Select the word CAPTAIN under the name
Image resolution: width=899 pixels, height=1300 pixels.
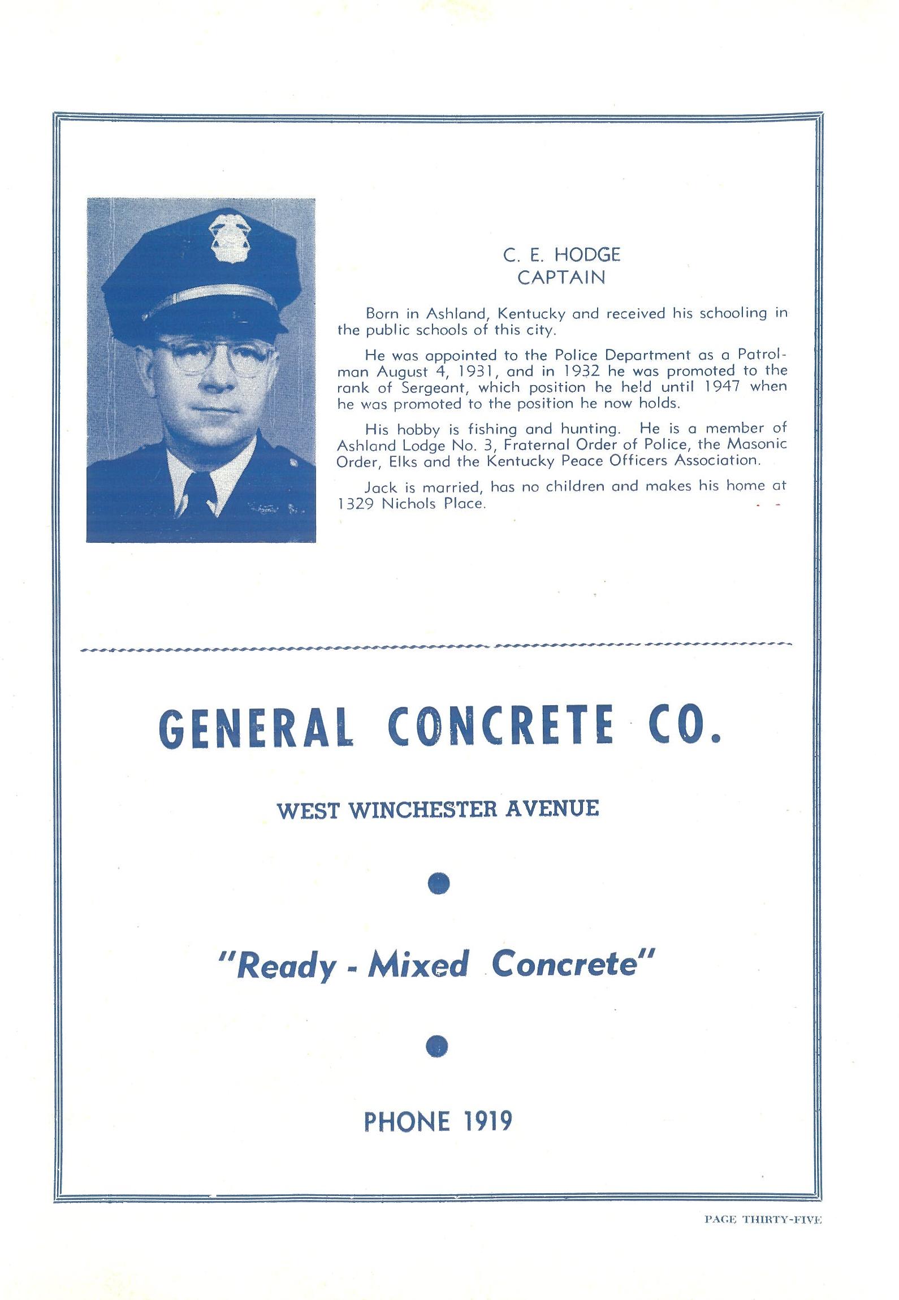pos(561,278)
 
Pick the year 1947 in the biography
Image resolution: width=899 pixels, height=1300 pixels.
pos(719,387)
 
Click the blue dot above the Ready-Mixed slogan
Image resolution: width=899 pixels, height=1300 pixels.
pos(439,883)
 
